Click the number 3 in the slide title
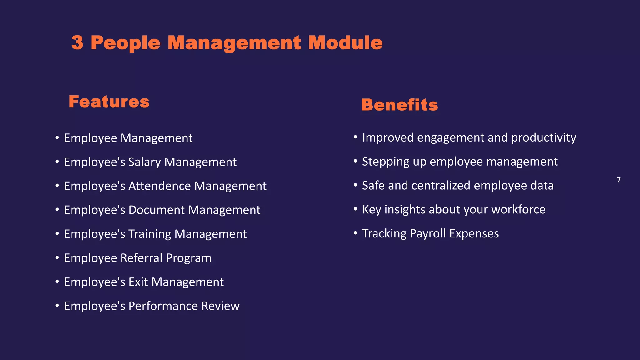tap(77, 43)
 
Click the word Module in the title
tap(345, 43)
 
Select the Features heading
tap(109, 102)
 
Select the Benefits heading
tap(399, 105)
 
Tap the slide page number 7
tap(618, 180)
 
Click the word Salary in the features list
tap(145, 162)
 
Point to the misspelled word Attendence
tap(160, 186)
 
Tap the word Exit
tap(138, 282)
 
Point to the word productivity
tap(544, 138)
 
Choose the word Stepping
tap(386, 162)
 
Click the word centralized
tap(441, 186)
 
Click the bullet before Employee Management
tap(57, 137)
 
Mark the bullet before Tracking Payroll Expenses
tap(355, 233)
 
